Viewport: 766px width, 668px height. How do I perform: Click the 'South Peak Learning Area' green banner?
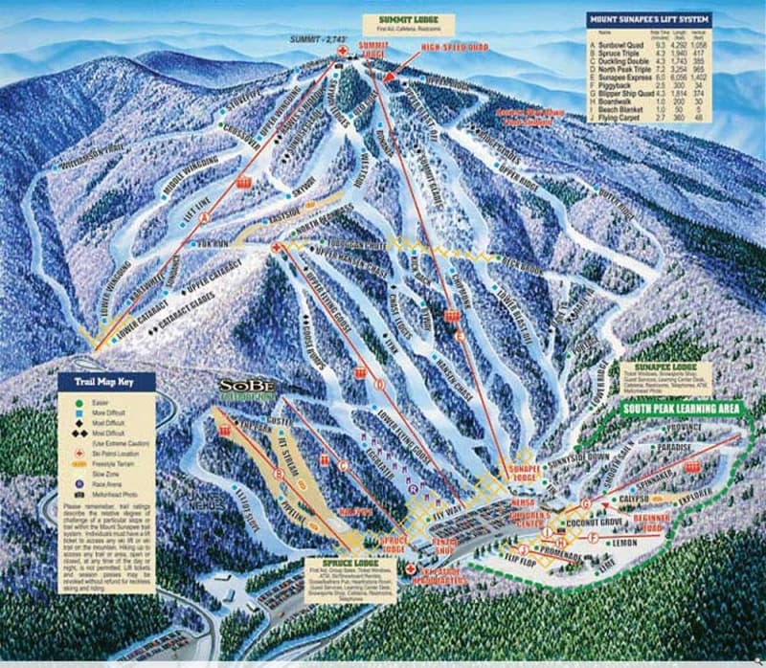(682, 409)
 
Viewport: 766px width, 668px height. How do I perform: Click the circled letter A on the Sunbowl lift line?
(203, 218)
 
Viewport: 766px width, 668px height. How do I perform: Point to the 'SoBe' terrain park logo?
(248, 388)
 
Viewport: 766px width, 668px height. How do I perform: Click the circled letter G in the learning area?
(586, 502)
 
